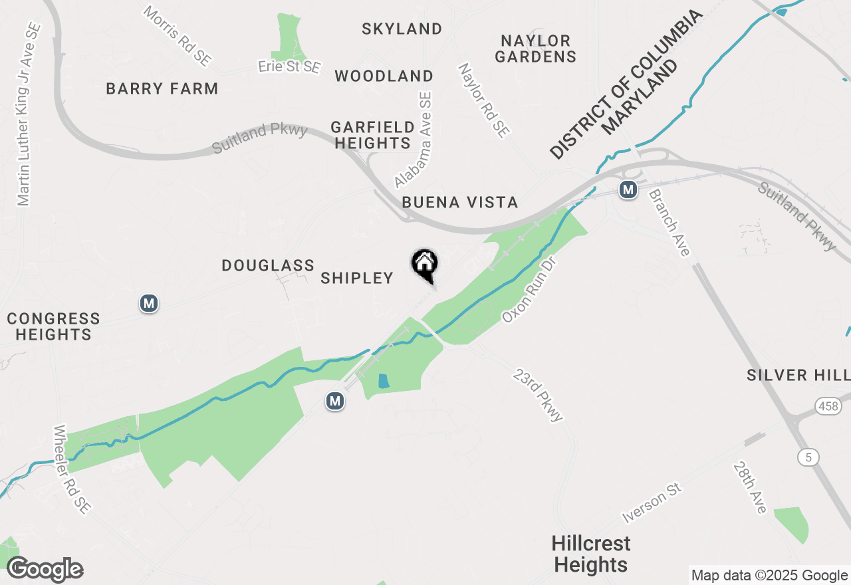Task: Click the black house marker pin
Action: pyautogui.click(x=424, y=264)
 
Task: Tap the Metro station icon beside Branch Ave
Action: pyautogui.click(x=628, y=190)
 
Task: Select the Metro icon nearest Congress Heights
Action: pyautogui.click(x=149, y=304)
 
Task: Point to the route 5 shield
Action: pyautogui.click(x=808, y=457)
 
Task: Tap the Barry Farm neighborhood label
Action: pyautogui.click(x=162, y=88)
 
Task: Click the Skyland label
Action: pyautogui.click(x=402, y=29)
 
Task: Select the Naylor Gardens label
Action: pyautogui.click(x=535, y=49)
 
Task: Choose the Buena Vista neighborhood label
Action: pyautogui.click(x=459, y=203)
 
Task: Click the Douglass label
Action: pyautogui.click(x=268, y=266)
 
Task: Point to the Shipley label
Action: pyautogui.click(x=357, y=278)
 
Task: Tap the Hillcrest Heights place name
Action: pyautogui.click(x=590, y=554)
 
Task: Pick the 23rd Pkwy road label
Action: pyautogui.click(x=538, y=396)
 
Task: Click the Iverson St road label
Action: pyautogui.click(x=652, y=503)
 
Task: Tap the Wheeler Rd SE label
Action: pyautogui.click(x=72, y=469)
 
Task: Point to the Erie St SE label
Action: pyautogui.click(x=289, y=67)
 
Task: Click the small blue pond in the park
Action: pyautogui.click(x=383, y=381)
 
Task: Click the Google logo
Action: pyautogui.click(x=45, y=570)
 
